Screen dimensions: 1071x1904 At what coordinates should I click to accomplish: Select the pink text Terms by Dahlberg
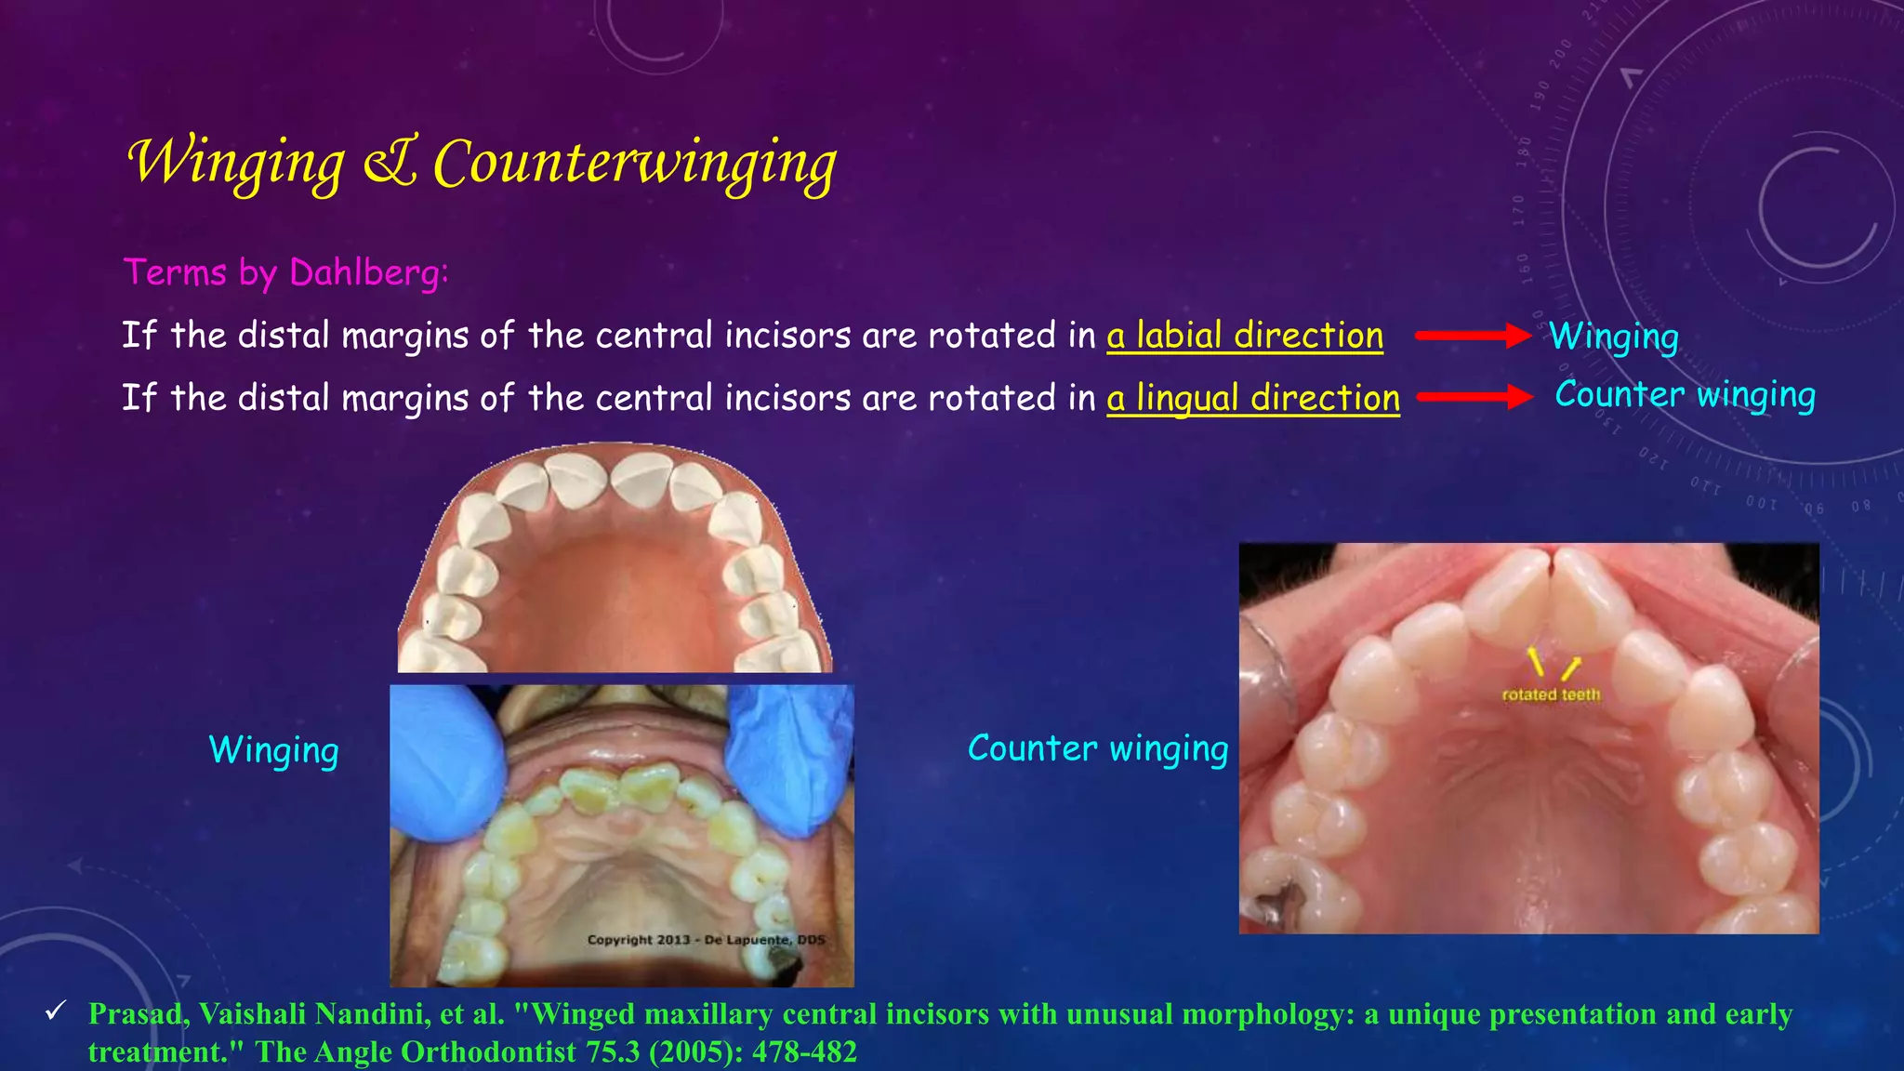pos(286,272)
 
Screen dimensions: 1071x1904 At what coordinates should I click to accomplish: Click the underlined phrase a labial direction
pos(1244,336)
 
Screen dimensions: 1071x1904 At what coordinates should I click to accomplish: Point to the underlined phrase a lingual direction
pos(1252,398)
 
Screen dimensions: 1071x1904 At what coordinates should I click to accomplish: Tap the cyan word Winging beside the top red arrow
pos(1614,337)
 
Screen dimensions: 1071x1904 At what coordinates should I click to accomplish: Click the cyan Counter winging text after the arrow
pos(1685,395)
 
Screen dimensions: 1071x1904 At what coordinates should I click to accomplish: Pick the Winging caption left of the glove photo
pos(273,750)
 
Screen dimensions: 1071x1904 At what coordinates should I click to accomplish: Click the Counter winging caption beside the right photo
pos(1097,748)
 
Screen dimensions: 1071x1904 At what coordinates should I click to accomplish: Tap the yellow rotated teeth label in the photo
pos(1551,694)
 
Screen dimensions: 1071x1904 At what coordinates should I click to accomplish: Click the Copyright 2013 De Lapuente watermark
pos(706,940)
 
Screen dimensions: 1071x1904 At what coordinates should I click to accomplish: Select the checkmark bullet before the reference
pos(56,1011)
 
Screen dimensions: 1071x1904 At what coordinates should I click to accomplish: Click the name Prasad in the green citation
pos(138,1014)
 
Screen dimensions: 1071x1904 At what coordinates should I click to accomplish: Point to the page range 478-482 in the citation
pos(804,1051)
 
